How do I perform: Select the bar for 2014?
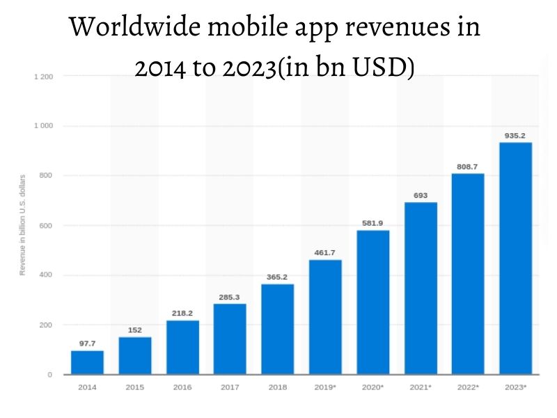pos(87,362)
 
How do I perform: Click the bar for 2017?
pos(230,339)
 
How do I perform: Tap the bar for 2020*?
pos(373,302)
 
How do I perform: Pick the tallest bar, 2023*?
pos(515,258)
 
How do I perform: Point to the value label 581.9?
pos(373,223)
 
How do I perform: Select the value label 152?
pos(135,330)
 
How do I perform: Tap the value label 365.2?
pos(278,277)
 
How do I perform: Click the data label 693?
pos(420,196)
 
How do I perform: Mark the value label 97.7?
pos(87,343)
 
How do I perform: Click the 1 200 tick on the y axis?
pos(43,76)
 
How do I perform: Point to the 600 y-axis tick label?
pos(47,226)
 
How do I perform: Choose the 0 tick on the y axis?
pos(49,375)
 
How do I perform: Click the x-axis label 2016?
pos(182,386)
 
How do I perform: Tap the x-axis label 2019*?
pos(326,386)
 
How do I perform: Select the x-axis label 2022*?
pos(468,386)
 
